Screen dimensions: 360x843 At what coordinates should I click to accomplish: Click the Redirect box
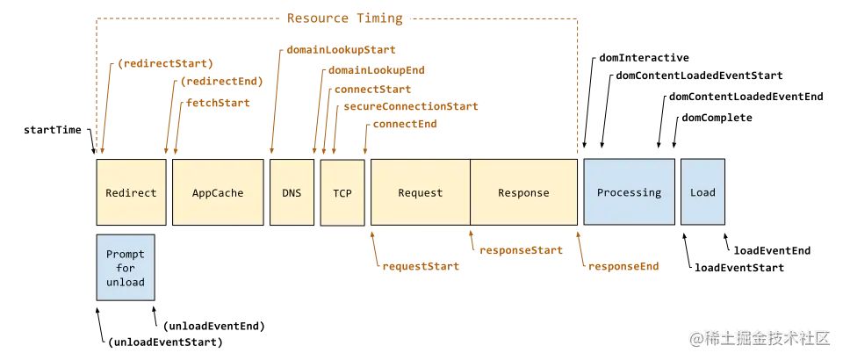pyautogui.click(x=131, y=192)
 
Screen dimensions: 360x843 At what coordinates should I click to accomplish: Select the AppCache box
pyautogui.click(x=218, y=192)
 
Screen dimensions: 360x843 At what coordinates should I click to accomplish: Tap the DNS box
pyautogui.click(x=291, y=192)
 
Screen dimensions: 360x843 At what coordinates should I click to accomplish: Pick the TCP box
pyautogui.click(x=342, y=193)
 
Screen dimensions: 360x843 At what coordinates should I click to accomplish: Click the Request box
pyautogui.click(x=420, y=192)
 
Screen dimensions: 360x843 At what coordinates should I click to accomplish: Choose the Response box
pyautogui.click(x=523, y=192)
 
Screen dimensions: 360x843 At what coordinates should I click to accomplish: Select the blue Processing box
pyautogui.click(x=629, y=192)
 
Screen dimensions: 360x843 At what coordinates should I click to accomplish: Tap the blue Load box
pyautogui.click(x=702, y=192)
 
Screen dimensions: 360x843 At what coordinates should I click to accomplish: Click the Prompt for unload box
pyautogui.click(x=125, y=268)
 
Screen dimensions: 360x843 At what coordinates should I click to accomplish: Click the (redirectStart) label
pyautogui.click(x=166, y=64)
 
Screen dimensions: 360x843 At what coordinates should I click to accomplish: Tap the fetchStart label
pyautogui.click(x=217, y=103)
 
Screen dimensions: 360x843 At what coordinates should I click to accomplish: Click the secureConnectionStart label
pyautogui.click(x=412, y=105)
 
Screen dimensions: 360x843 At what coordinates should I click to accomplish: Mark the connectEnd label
pyautogui.click(x=405, y=125)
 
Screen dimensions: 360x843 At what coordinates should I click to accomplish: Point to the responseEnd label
pyautogui.click(x=622, y=264)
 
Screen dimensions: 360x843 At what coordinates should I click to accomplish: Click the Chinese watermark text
pyautogui.click(x=760, y=337)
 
